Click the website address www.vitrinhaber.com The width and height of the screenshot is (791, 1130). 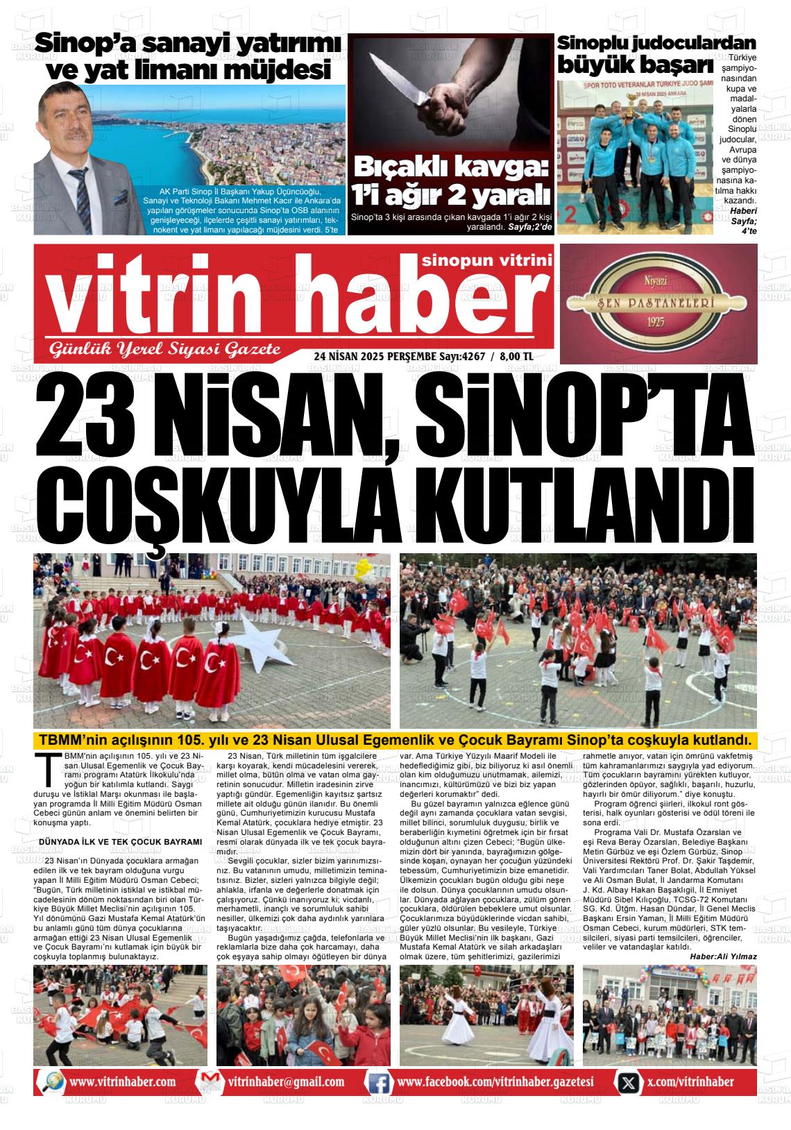click(122, 1082)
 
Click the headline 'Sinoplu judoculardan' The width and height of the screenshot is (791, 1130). click(656, 43)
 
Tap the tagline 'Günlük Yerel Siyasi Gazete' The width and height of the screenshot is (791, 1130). click(163, 348)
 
